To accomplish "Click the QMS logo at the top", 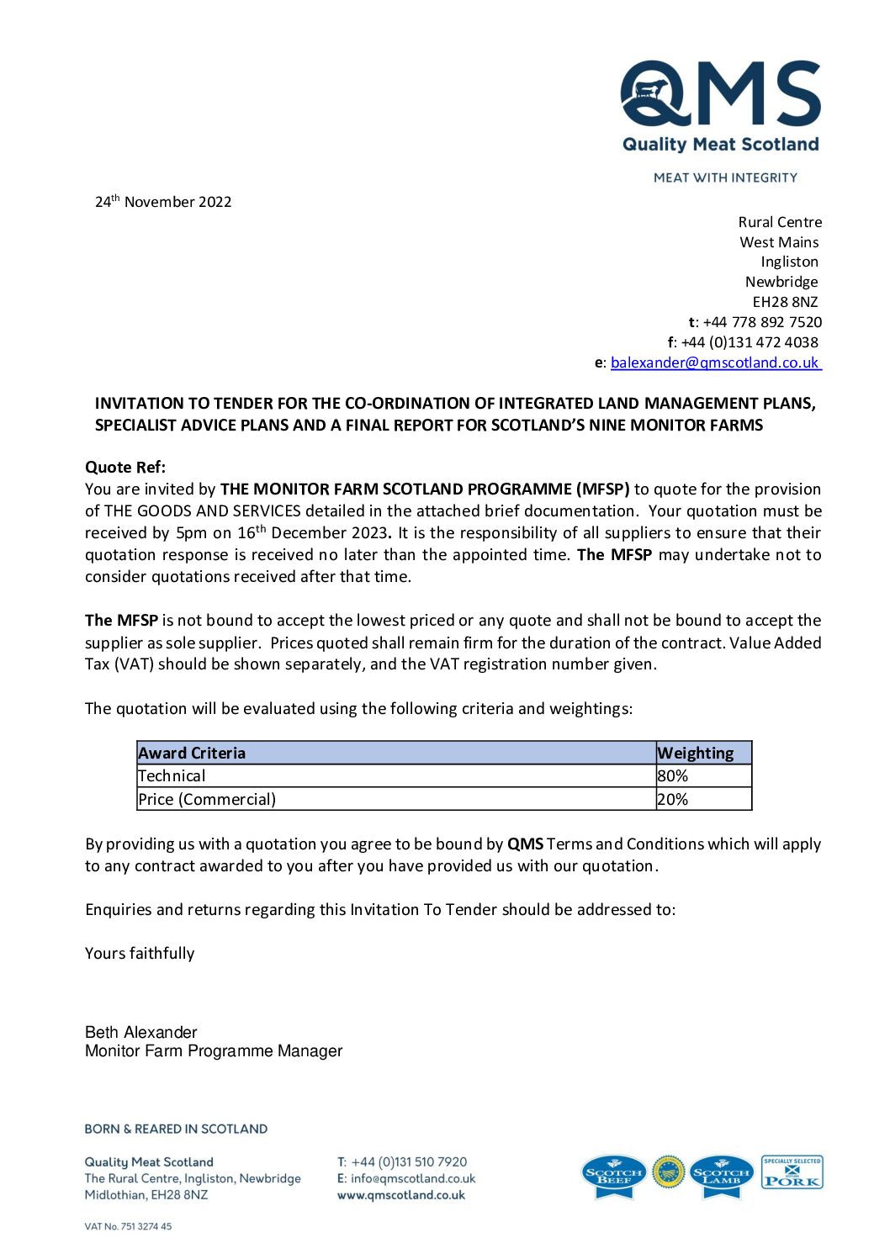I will point(720,106).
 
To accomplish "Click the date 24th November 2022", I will point(163,202).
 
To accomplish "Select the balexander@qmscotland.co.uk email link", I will point(714,362).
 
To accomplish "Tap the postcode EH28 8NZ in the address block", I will point(785,302).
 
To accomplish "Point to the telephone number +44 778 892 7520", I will point(762,322).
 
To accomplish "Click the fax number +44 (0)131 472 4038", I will point(749,342).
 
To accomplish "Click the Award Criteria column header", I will point(193,753).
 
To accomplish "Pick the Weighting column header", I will point(695,753).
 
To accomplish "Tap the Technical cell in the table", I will point(172,775).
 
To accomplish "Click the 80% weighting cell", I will point(673,775).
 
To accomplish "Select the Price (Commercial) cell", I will point(207,799).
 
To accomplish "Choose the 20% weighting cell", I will point(673,799).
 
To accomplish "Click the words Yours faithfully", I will point(140,953).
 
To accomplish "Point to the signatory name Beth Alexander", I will point(141,1032).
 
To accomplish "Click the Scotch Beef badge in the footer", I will point(614,1175).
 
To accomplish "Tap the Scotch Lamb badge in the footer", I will point(721,1175).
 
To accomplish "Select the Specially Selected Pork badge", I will point(792,1172).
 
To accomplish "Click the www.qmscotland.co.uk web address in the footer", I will point(401,1195).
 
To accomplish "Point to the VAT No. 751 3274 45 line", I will point(128,1226).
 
